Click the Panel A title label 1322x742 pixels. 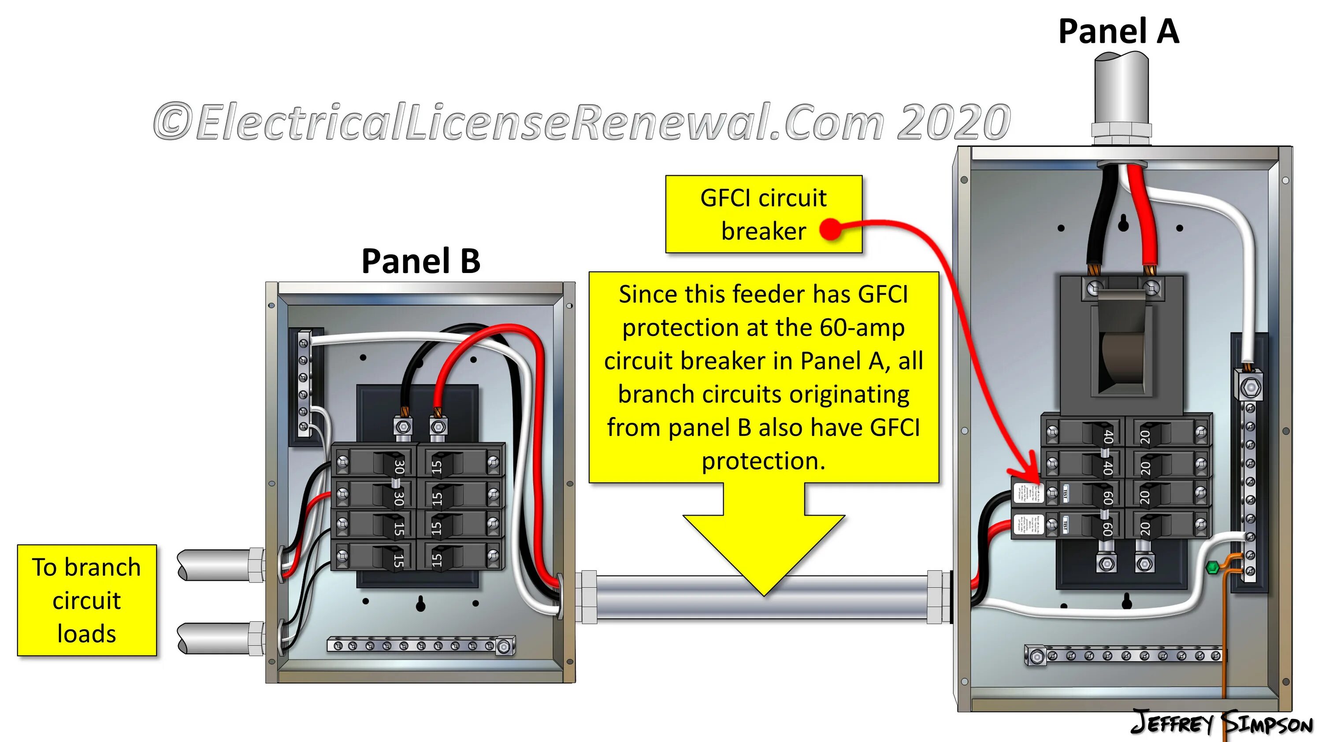tap(1118, 32)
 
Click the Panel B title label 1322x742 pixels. tap(421, 261)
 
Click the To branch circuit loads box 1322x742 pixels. tap(87, 600)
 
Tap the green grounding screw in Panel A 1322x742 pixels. tap(1212, 568)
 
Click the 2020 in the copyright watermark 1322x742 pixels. tap(954, 122)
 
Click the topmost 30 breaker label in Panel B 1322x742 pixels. tap(399, 467)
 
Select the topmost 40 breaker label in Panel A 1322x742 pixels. tap(1108, 437)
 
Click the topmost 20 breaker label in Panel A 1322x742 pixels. tap(1145, 437)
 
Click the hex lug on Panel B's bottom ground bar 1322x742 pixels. tap(505, 646)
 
